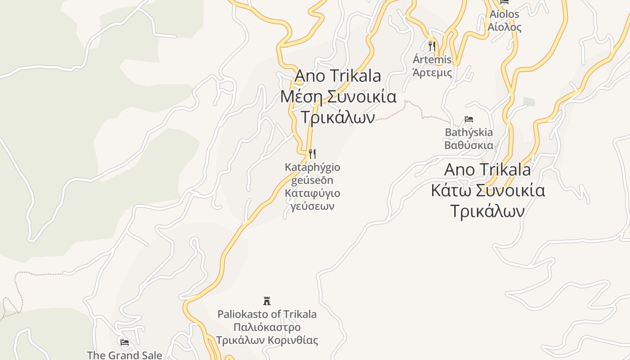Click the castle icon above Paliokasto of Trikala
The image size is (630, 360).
267,301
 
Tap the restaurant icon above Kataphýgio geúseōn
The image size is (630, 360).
312,154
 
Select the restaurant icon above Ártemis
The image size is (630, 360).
432,46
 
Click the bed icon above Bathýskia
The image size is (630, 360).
469,119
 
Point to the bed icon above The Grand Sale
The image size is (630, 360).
125,342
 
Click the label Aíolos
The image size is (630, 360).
504,14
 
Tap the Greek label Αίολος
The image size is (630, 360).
504,27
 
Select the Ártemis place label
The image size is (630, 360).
432,59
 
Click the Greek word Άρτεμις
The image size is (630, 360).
432,72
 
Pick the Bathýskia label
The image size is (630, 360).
468,132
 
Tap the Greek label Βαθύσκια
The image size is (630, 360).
468,145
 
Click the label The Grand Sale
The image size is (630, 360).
124,355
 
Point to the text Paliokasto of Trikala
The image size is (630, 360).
267,314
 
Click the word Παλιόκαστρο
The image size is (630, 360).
267,327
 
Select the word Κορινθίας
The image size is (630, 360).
293,340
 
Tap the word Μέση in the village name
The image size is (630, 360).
301,97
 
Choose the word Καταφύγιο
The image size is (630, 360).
312,193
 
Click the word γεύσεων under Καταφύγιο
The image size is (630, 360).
312,206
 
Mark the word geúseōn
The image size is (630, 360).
312,180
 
